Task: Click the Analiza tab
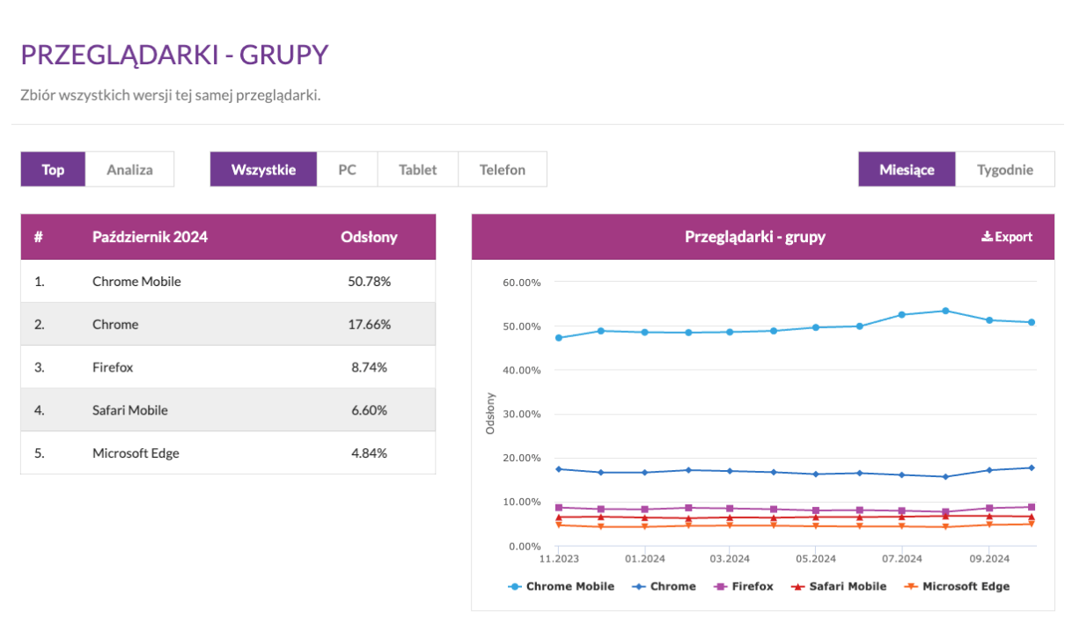(x=129, y=169)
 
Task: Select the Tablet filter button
(x=417, y=169)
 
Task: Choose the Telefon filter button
(x=502, y=169)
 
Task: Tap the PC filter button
(x=347, y=169)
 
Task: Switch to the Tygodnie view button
(x=1004, y=169)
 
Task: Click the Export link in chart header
(x=1007, y=237)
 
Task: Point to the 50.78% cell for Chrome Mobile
(x=369, y=282)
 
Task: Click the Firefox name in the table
(x=113, y=367)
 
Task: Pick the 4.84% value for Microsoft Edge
(x=369, y=453)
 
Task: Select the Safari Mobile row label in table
(x=129, y=410)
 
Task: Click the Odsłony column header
(x=369, y=237)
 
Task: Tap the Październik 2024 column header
(x=150, y=237)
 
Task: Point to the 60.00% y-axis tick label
(x=521, y=283)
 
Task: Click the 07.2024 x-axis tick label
(x=900, y=558)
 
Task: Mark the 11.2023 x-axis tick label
(x=558, y=558)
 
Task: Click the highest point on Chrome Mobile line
(x=945, y=311)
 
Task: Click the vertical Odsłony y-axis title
(x=490, y=413)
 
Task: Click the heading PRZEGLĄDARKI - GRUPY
(x=174, y=55)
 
